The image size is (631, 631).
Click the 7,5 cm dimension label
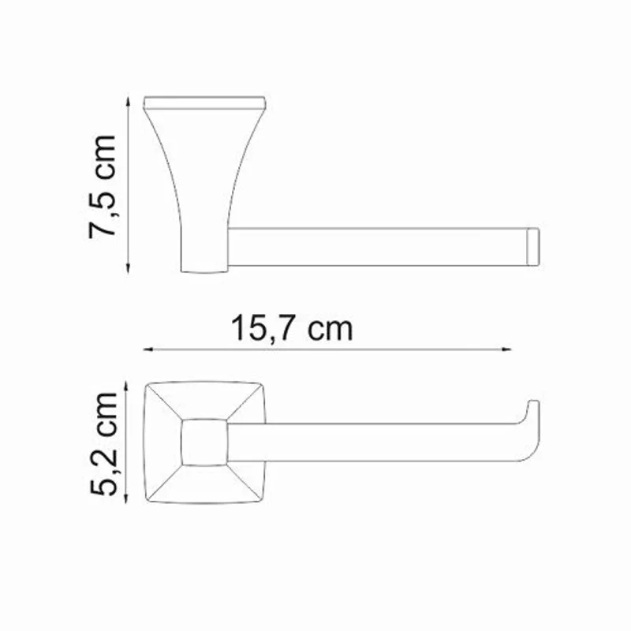pos(103,186)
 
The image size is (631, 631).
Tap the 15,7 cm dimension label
pos(292,328)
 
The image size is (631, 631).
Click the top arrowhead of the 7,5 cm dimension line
pos(128,99)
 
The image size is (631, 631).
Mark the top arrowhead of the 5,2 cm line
pos(128,384)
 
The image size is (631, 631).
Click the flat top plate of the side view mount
pos(205,103)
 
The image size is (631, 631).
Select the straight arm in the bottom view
pos(371,442)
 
